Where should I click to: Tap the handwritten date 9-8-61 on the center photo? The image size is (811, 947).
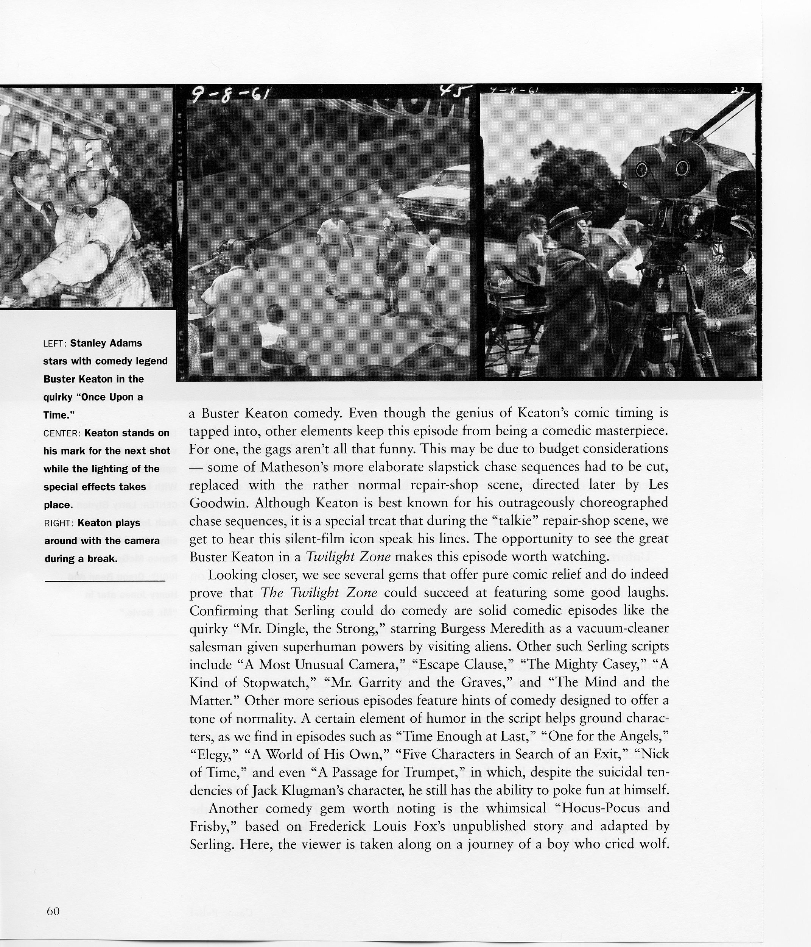[x=230, y=95]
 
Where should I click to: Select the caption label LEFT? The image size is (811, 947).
[x=55, y=343]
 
